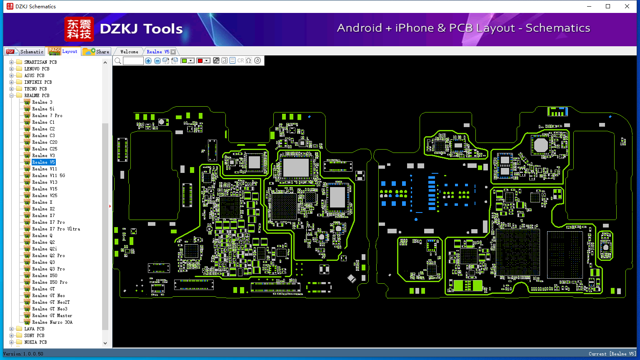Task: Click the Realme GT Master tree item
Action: pos(52,315)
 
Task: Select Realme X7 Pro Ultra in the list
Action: pos(56,229)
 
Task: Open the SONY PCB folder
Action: pos(34,335)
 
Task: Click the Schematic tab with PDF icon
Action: pos(25,51)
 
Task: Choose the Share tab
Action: pos(96,51)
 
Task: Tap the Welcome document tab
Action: pos(129,52)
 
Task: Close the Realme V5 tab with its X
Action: pos(173,52)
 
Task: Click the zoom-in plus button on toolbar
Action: pos(148,60)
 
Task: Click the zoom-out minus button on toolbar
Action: pos(157,60)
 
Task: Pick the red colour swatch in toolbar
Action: pos(200,60)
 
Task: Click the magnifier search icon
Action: pos(118,60)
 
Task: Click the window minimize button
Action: pos(589,6)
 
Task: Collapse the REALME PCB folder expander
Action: pos(11,95)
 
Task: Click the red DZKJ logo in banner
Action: pos(79,29)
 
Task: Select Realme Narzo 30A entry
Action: pos(52,322)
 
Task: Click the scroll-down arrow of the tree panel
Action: pos(105,343)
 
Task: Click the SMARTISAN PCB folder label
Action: pos(40,62)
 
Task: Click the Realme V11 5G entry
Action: pos(49,175)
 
